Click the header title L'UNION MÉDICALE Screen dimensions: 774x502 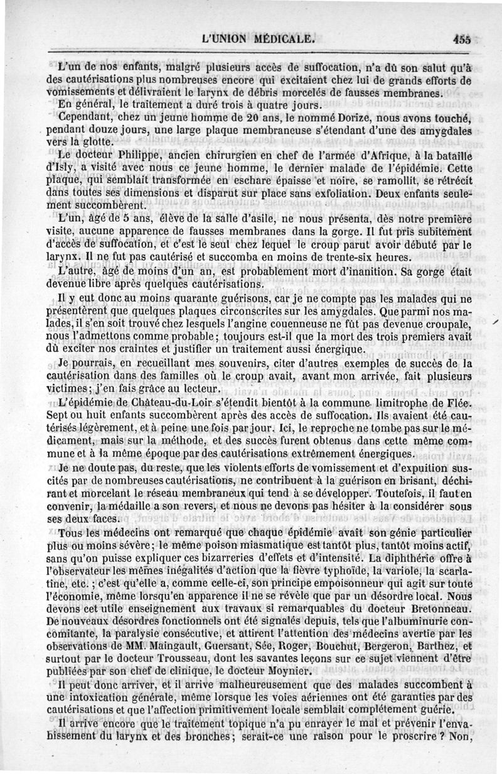click(x=257, y=38)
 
